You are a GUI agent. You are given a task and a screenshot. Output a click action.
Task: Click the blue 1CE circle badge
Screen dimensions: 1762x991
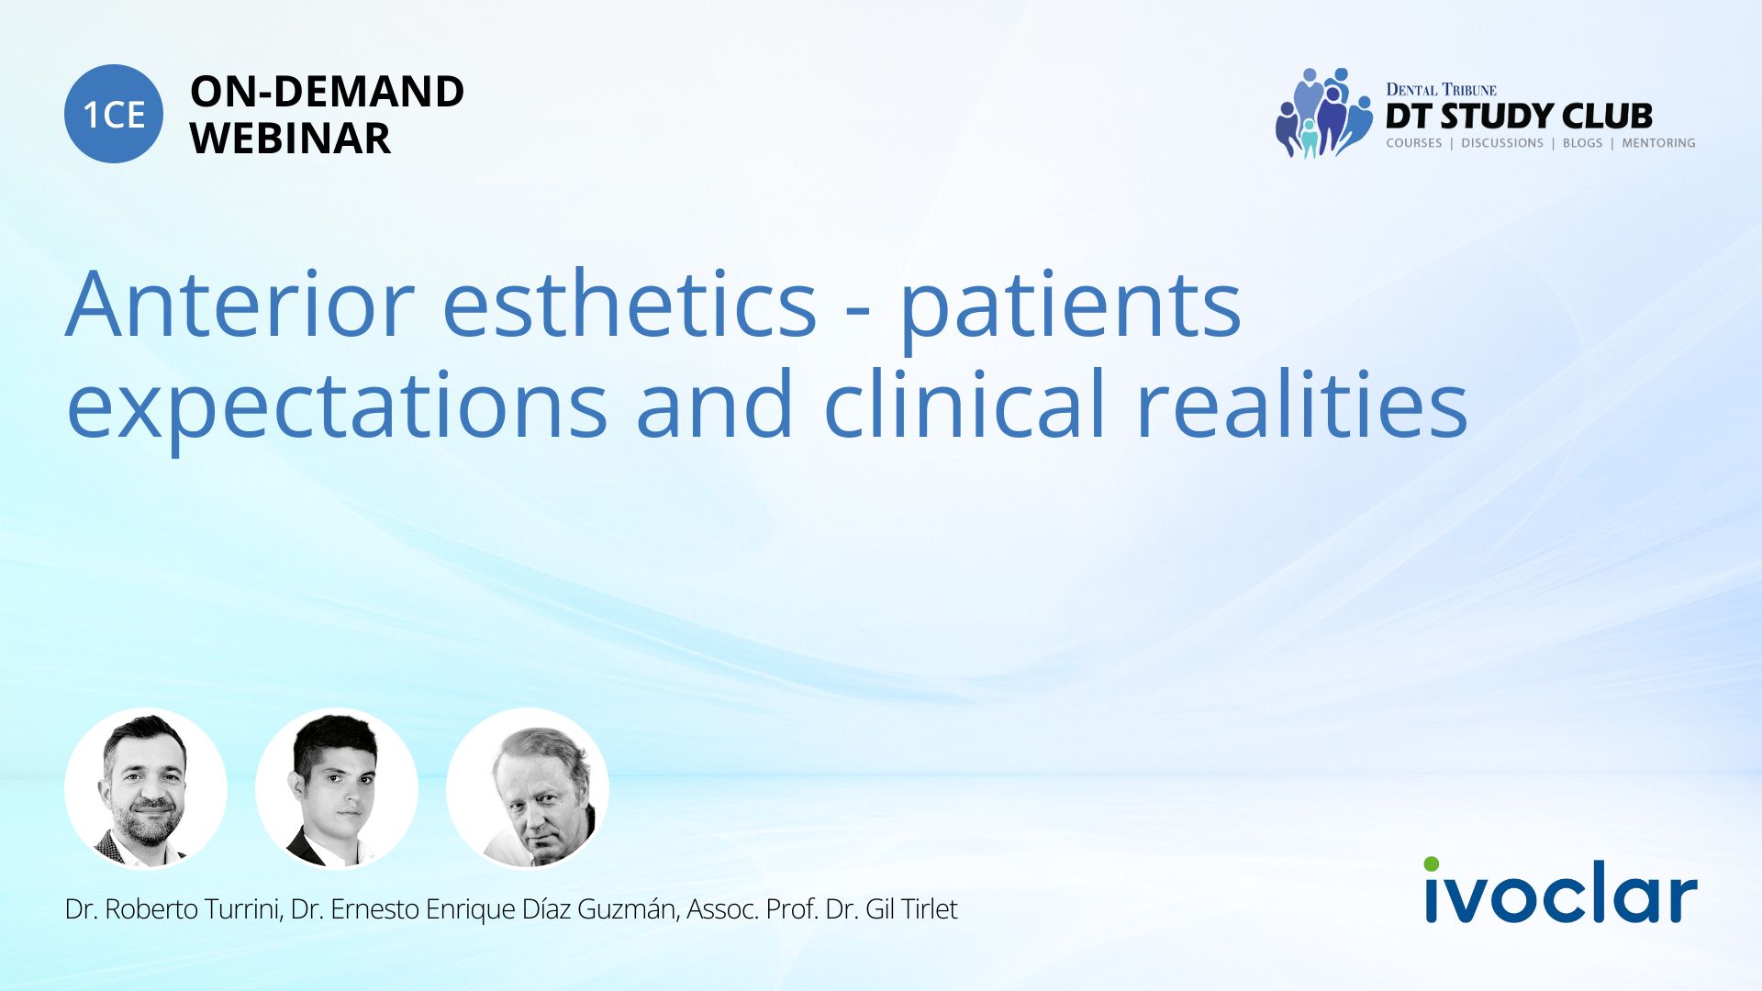(114, 114)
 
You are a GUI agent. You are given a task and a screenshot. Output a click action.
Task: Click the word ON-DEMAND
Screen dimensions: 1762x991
(327, 92)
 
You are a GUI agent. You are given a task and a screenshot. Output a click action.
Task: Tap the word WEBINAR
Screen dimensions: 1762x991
(290, 139)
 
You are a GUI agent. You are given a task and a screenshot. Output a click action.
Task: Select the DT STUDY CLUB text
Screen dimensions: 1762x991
(1519, 117)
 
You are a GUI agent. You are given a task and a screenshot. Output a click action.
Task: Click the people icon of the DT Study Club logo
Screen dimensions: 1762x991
(1322, 113)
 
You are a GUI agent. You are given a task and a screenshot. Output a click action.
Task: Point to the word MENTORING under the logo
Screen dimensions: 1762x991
(1658, 143)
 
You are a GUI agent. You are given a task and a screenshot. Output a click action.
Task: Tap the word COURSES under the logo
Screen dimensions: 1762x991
(1413, 143)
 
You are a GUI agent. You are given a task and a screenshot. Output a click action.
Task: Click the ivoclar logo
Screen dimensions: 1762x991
(1561, 890)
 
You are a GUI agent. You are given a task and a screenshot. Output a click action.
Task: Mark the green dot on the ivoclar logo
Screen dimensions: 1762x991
(1432, 864)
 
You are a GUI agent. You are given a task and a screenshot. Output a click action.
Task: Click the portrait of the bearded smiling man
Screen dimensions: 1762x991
(146, 789)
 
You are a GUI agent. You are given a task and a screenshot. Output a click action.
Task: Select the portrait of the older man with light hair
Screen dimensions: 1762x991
(528, 789)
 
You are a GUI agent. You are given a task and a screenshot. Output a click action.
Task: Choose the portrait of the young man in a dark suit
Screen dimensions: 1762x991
(337, 789)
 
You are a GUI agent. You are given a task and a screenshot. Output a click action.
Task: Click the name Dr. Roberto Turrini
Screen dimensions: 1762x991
(173, 909)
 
